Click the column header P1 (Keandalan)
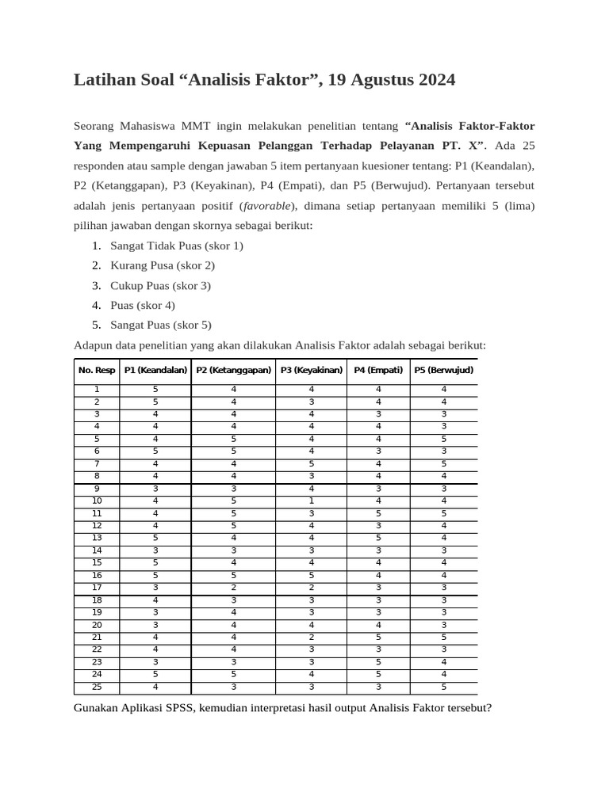coord(155,370)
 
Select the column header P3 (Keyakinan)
coord(312,370)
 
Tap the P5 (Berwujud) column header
coord(444,370)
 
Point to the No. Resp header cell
coord(97,370)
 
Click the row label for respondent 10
coord(97,501)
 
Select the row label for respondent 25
coord(97,687)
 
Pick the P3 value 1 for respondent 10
coord(312,501)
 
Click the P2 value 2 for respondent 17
coord(234,588)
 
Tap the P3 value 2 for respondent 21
coord(312,637)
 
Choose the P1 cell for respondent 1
coord(155,389)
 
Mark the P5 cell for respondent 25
coord(444,687)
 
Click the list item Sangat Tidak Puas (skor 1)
coord(176,246)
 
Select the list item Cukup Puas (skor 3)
coord(160,285)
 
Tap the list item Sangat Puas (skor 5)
coord(160,325)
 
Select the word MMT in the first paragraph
coord(196,126)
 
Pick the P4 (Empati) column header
coord(378,370)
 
